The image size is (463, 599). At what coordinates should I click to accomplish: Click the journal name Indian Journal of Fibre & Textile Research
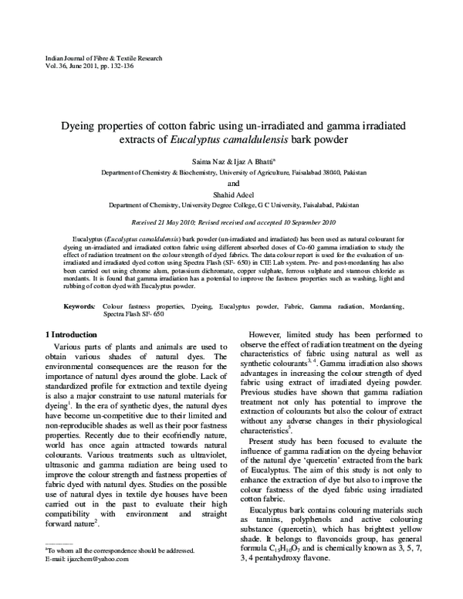[x=90, y=59]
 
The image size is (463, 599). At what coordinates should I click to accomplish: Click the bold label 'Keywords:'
[x=79, y=306]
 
